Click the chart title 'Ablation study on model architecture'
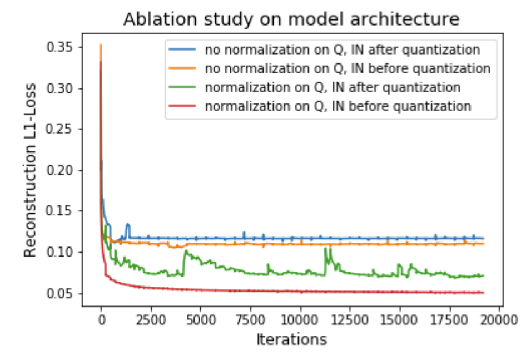coord(291,19)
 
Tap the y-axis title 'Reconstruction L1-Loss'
coord(31,170)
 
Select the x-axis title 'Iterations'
coord(291,339)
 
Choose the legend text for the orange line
coord(348,68)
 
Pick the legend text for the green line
coord(333,87)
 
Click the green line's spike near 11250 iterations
coord(325,249)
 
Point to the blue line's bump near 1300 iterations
coord(127,224)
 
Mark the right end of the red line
coord(483,292)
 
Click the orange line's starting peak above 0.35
coord(101,45)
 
